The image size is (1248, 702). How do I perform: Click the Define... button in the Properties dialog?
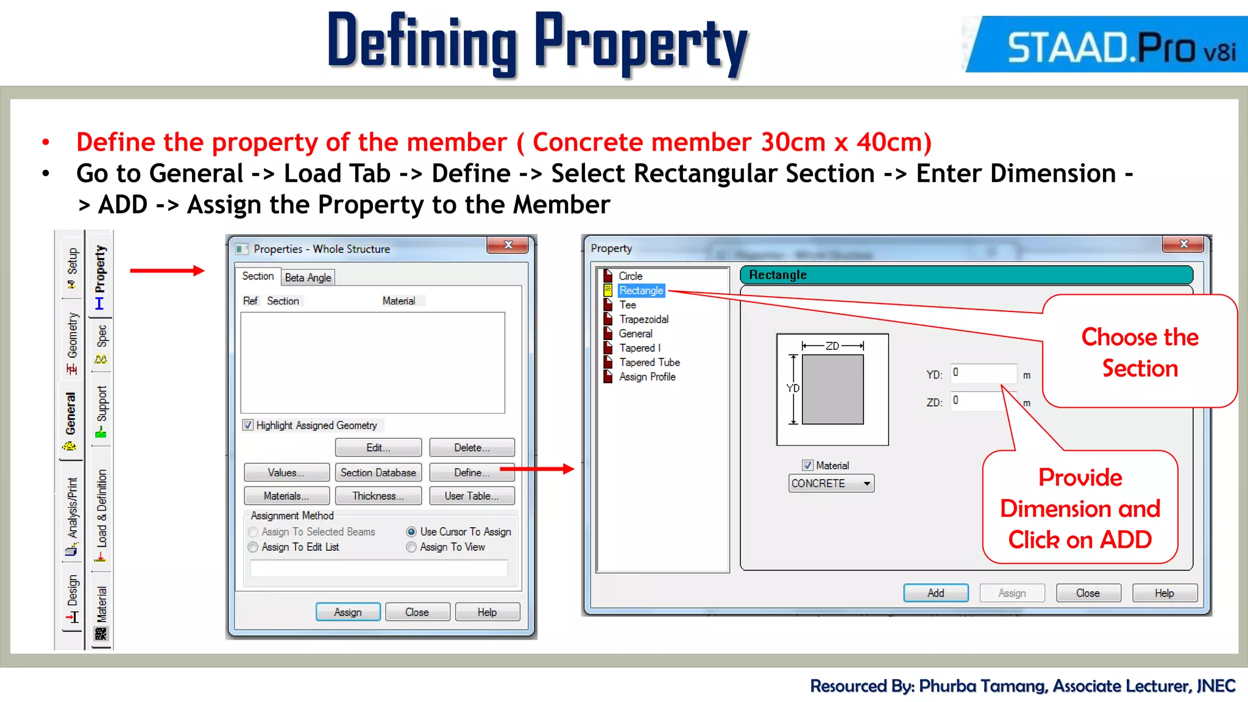471,472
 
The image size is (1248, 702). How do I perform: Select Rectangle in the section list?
641,291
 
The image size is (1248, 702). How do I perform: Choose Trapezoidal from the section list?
643,319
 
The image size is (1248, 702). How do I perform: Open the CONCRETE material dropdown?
867,484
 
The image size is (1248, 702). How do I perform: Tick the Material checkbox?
808,466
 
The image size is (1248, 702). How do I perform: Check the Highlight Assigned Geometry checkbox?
248,425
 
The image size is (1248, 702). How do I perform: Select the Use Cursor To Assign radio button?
411,532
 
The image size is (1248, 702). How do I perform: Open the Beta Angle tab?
308,278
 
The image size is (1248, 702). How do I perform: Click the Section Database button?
378,472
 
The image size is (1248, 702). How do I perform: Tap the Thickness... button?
378,496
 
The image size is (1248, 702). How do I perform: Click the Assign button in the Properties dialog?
347,612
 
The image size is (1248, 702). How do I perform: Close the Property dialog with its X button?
1183,244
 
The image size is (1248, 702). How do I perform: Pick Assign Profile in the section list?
647,377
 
